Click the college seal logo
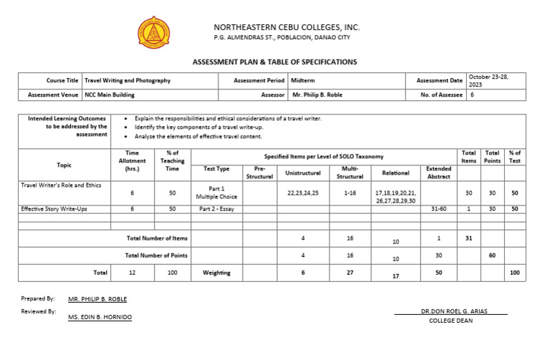(x=154, y=32)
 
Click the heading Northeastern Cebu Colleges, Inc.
(x=286, y=27)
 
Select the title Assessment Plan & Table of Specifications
(x=274, y=62)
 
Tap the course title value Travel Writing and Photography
(x=127, y=81)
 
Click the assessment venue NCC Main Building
(x=109, y=94)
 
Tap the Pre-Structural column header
(x=259, y=172)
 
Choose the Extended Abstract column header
(x=438, y=172)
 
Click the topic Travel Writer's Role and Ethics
(x=61, y=185)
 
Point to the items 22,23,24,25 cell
(x=303, y=193)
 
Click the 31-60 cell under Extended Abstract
(x=438, y=209)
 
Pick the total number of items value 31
(x=469, y=238)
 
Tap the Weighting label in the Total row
(x=216, y=273)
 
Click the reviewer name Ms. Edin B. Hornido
(x=100, y=316)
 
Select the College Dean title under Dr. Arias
(x=450, y=321)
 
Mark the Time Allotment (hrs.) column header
(x=132, y=161)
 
